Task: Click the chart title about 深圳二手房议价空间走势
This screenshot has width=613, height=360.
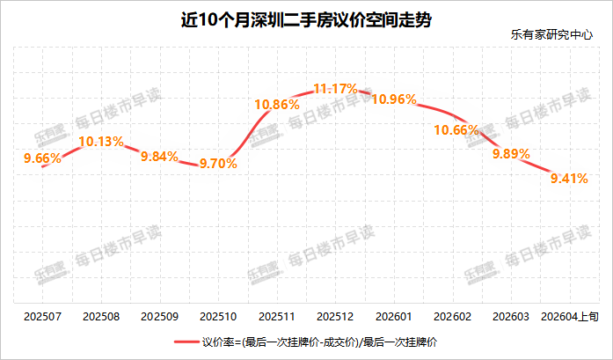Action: [x=306, y=18]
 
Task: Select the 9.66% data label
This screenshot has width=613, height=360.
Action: [x=42, y=158]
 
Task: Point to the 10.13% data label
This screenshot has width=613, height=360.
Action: [x=101, y=140]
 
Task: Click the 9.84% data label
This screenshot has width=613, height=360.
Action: [x=159, y=156]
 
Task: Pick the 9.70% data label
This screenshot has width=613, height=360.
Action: [x=218, y=163]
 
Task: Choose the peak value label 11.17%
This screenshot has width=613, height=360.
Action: [x=335, y=88]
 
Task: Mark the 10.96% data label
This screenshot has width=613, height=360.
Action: [x=394, y=99]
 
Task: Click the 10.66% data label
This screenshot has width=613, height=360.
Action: [x=456, y=129]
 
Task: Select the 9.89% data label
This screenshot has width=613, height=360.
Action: [x=511, y=152]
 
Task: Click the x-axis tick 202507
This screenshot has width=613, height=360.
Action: [x=42, y=314]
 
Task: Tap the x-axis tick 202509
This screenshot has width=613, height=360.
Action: [x=159, y=314]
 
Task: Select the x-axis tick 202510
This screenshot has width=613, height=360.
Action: [x=218, y=314]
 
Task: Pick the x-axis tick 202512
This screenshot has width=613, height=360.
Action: [x=335, y=314]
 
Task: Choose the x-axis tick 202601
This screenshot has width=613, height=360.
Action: [x=394, y=314]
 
